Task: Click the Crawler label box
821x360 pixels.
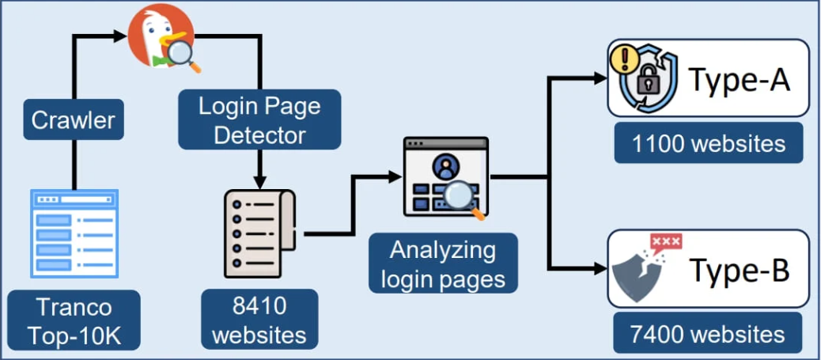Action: [x=73, y=120]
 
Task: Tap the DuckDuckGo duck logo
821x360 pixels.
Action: [x=161, y=36]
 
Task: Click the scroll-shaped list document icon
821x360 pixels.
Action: [x=258, y=233]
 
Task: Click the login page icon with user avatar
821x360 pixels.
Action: [x=445, y=176]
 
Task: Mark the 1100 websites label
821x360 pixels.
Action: [x=709, y=143]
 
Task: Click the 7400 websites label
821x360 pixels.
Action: [x=709, y=332]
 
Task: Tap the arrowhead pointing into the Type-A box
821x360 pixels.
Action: [x=600, y=78]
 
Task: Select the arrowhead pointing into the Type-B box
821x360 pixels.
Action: [x=600, y=268]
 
